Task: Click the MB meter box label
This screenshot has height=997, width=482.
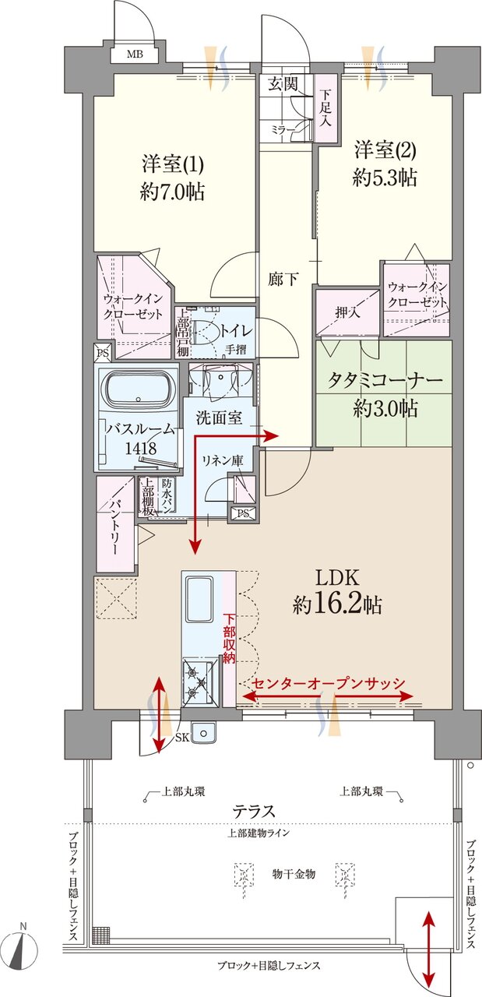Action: point(135,55)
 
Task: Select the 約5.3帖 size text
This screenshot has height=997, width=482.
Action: point(384,178)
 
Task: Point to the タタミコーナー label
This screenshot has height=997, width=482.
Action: point(384,382)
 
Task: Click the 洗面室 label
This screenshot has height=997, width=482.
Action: point(219,417)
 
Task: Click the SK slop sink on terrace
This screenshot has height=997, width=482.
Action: point(205,733)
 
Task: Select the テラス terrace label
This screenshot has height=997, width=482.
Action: point(255,811)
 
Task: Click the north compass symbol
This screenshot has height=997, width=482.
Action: point(26,949)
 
